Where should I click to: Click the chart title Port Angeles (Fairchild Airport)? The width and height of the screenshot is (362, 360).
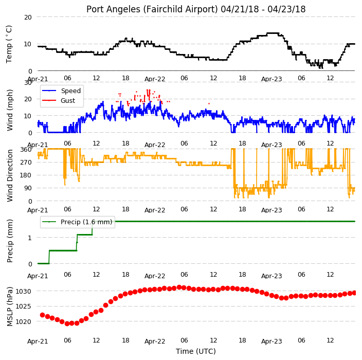(x=152, y=9)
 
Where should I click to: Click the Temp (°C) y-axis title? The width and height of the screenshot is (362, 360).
(x=9, y=44)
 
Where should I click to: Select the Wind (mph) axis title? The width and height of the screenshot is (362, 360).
(x=9, y=111)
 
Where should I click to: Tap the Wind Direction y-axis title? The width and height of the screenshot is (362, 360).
(x=10, y=176)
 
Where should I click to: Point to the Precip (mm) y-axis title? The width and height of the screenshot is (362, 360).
(x=9, y=241)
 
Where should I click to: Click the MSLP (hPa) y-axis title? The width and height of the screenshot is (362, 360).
(x=9, y=307)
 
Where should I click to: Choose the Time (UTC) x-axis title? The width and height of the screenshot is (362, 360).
(x=196, y=351)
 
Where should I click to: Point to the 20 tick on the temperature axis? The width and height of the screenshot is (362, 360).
(x=28, y=17)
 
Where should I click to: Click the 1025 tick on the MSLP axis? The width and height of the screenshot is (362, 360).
(x=23, y=307)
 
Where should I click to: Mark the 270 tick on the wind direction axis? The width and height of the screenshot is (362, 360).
(x=26, y=163)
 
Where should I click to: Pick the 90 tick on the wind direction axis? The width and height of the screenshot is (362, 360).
(x=28, y=188)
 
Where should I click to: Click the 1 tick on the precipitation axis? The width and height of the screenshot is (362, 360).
(x=30, y=238)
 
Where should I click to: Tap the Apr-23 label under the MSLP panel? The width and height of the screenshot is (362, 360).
(x=271, y=341)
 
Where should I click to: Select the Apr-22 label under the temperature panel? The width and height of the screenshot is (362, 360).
(x=155, y=79)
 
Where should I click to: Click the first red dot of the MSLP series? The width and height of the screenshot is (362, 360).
(x=43, y=315)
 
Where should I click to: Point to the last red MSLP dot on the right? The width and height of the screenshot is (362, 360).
(x=354, y=293)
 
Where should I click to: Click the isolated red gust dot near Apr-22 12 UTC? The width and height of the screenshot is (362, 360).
(x=209, y=104)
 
